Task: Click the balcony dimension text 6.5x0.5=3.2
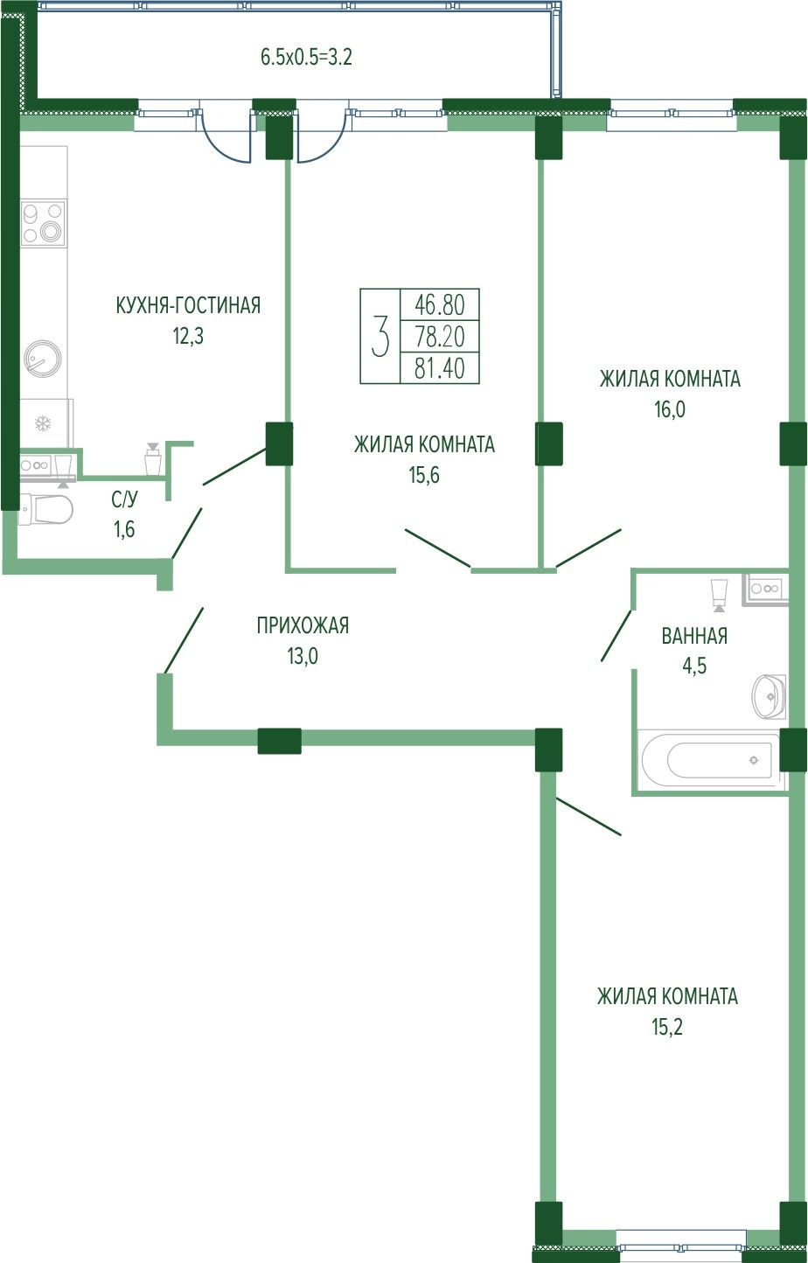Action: click(x=306, y=57)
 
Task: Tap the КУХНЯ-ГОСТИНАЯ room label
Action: click(x=188, y=305)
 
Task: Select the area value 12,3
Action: click(x=188, y=336)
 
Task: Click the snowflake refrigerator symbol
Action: click(x=42, y=423)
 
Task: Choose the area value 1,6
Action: click(x=124, y=530)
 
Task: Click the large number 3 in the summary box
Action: click(x=380, y=336)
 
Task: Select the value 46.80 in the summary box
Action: click(x=440, y=305)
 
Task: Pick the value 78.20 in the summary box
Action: click(x=440, y=337)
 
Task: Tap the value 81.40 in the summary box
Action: click(x=440, y=368)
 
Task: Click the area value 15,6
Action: click(x=424, y=475)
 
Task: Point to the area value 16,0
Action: click(x=670, y=409)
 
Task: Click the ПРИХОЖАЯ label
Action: click(x=303, y=625)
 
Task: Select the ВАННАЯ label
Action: click(x=694, y=636)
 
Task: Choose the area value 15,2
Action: click(x=667, y=1028)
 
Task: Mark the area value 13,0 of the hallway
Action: click(x=303, y=656)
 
